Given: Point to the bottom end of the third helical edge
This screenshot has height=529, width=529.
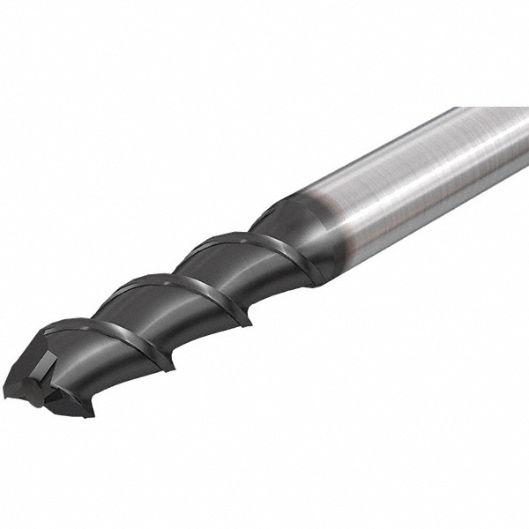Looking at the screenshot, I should point(309,282).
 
